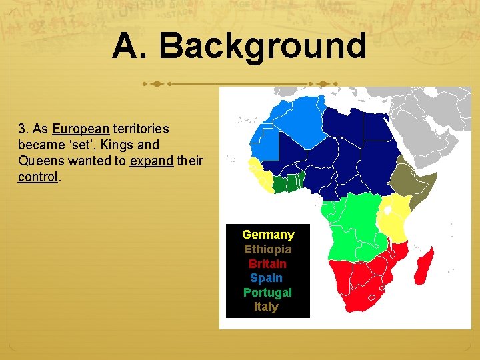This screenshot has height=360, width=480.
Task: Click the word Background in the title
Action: point(263,47)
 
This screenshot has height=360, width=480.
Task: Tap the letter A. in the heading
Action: point(131,47)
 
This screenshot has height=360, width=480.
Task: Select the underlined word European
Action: point(81,129)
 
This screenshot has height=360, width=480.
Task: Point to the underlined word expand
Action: point(151,161)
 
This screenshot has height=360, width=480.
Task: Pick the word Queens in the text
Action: point(38,161)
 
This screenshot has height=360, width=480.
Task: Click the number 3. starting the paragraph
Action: point(25,129)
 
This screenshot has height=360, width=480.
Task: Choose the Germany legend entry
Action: point(268,235)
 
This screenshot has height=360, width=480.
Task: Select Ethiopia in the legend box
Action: point(267,249)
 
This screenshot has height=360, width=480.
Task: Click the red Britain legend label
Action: point(267,264)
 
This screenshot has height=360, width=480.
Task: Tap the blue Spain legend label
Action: point(266,278)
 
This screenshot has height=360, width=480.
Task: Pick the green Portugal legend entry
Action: point(267,293)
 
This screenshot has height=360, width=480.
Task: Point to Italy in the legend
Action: point(266,307)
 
